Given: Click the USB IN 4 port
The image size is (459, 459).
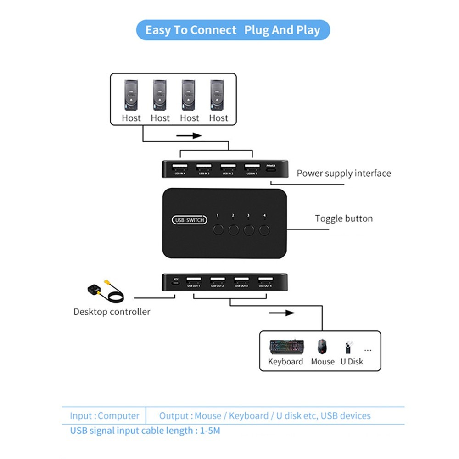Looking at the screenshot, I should (x=179, y=167).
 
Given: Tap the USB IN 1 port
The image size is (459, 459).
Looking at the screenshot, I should (x=251, y=167).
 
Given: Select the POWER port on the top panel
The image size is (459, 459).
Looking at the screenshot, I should (x=271, y=169).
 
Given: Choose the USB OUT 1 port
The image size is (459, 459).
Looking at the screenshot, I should (x=194, y=280).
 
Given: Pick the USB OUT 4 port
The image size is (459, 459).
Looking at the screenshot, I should (x=264, y=280).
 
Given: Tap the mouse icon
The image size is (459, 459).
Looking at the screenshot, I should (x=323, y=347).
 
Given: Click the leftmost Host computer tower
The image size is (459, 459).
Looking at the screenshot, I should (x=131, y=95).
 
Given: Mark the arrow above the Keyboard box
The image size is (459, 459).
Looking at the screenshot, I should (x=281, y=313).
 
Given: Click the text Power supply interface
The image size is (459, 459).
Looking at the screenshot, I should (x=344, y=173).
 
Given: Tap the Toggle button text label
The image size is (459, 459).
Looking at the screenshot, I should (x=344, y=218).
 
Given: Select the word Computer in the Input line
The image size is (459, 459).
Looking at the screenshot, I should (x=118, y=416).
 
